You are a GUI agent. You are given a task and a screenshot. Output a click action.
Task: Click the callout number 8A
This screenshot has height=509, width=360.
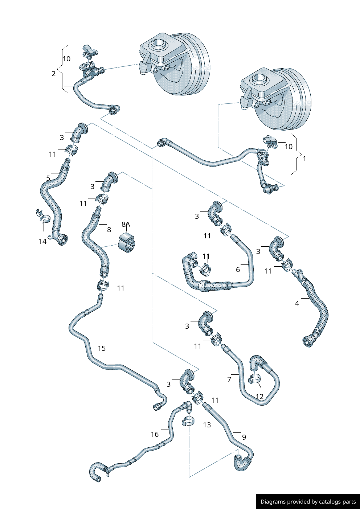tap(126, 224)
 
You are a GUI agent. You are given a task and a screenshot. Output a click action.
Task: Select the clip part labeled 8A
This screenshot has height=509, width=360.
tap(127, 243)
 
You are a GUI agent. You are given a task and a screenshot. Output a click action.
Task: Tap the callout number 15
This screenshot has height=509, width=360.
tap(102, 348)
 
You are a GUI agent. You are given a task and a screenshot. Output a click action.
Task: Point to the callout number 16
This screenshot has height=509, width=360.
tap(155, 434)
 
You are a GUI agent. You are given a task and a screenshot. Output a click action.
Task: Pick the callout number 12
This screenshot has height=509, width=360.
tap(259, 397)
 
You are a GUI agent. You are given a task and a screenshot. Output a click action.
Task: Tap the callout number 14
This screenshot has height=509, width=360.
tap(42, 241)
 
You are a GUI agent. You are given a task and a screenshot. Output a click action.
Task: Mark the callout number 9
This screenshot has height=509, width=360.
tap(244, 437)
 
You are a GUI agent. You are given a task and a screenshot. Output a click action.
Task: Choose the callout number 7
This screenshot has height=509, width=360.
tap(229, 379)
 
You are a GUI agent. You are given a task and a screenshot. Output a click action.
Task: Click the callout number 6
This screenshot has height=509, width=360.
tap(238, 270)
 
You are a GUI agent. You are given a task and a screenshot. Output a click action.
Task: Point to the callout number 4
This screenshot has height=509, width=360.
tap(297, 303)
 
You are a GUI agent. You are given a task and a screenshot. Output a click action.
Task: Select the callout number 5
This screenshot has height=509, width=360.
tap(48, 178)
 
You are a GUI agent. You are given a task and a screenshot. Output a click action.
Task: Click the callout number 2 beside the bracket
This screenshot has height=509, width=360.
tap(53, 74)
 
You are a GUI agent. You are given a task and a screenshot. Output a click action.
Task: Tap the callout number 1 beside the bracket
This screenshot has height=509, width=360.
tap(304, 159)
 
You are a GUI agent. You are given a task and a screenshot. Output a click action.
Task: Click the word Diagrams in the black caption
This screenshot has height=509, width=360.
tap(273, 502)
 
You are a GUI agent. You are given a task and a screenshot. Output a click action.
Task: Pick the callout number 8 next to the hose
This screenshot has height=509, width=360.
tap(109, 230)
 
